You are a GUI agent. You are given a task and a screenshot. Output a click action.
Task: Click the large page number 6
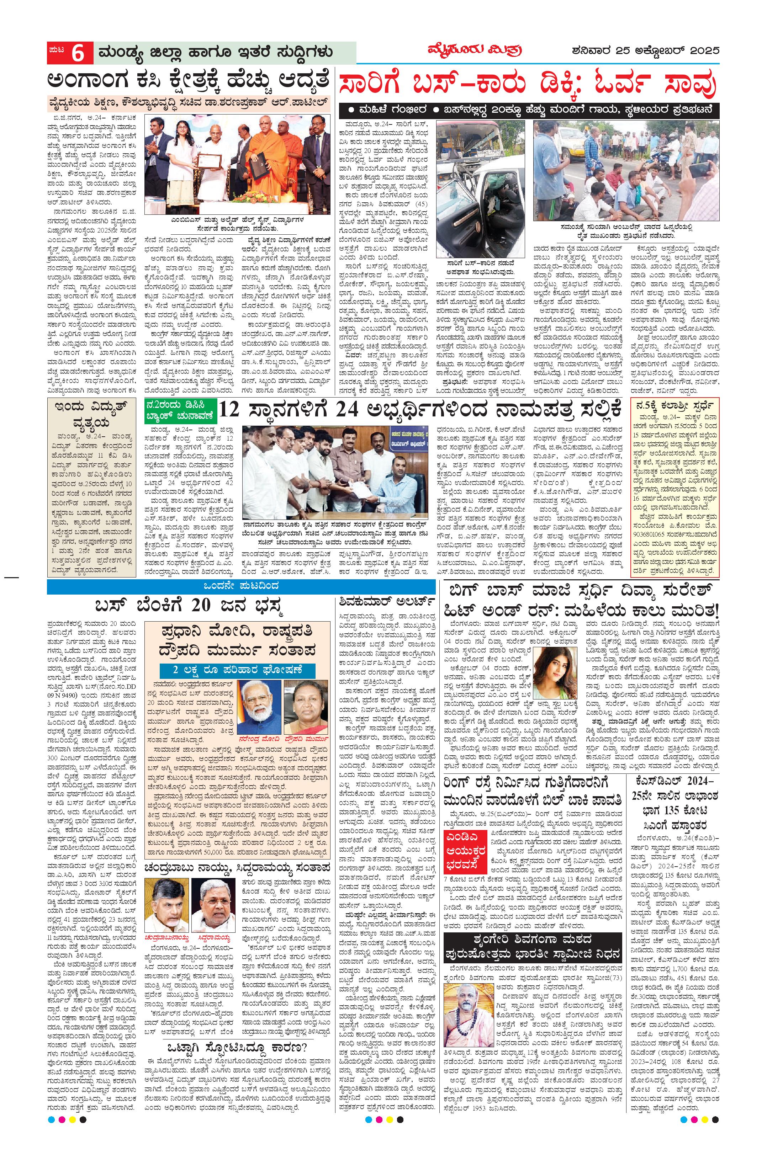pos(78,53)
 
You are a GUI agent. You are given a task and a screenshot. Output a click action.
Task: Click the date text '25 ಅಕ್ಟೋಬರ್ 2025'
pos(668,50)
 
